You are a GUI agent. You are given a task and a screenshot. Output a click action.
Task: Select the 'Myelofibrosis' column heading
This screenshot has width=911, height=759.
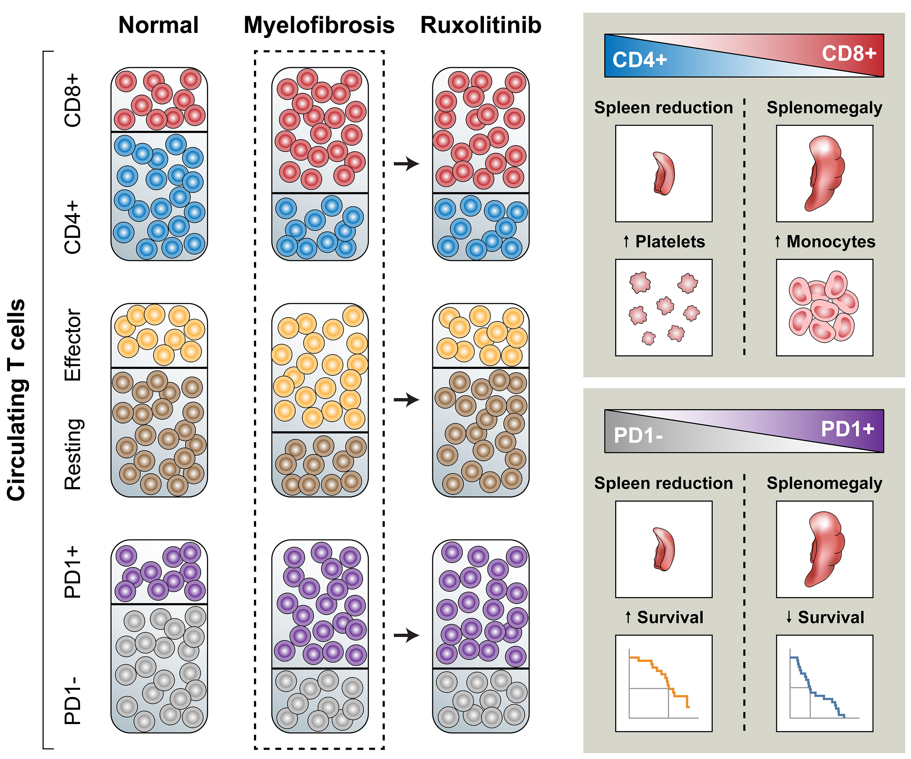tap(319, 25)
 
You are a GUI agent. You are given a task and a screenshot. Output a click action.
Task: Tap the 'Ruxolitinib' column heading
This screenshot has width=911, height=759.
tap(481, 25)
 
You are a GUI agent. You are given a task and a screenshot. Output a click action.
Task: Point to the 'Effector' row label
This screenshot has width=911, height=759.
tap(72, 345)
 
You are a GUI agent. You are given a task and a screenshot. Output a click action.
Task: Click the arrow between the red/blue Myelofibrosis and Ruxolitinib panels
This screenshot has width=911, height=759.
tap(406, 164)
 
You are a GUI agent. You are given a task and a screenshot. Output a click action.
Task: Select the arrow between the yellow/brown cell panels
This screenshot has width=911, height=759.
tap(406, 400)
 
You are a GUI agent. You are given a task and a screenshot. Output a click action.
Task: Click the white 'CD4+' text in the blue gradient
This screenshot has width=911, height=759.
tap(639, 60)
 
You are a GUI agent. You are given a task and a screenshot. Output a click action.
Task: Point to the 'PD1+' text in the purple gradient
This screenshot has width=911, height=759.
tap(847, 429)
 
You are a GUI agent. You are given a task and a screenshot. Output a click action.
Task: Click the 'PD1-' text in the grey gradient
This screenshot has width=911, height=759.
tap(638, 435)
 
